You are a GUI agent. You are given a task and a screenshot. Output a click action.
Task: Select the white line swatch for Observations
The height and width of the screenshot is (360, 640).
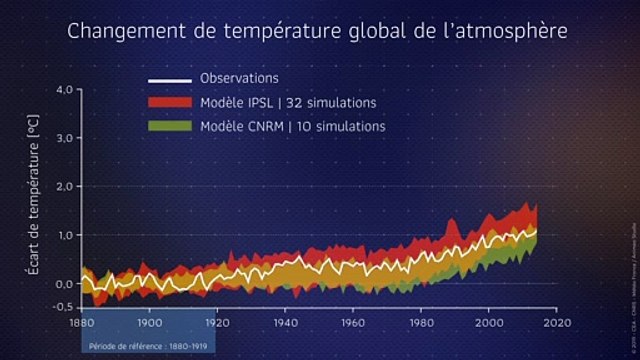169,79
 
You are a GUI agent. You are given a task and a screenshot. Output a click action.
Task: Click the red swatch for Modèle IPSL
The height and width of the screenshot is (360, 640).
169,103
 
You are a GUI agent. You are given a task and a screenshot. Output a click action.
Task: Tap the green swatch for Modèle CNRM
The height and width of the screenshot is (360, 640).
169,127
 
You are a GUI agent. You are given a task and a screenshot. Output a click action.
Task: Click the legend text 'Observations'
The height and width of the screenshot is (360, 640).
239,79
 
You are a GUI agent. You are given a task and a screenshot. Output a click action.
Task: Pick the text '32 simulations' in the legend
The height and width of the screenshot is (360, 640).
336,103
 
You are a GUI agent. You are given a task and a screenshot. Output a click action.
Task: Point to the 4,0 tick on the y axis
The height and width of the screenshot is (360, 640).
62,90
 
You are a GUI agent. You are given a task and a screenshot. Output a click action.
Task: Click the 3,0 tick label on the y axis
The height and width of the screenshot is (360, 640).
62,138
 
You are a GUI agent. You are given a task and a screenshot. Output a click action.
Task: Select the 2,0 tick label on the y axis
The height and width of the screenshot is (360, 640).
62,187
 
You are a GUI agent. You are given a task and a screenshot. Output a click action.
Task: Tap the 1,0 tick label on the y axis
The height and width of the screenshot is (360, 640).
62,235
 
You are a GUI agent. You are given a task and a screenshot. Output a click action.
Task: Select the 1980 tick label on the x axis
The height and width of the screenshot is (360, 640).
421,323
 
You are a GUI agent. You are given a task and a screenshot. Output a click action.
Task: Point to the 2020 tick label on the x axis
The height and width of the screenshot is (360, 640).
557,323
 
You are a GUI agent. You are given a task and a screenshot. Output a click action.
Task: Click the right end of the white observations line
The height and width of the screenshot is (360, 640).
537,231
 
